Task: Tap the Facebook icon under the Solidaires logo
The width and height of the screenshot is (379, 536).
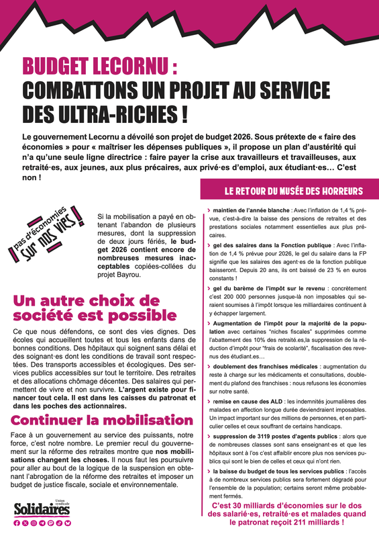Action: click(x=17, y=522)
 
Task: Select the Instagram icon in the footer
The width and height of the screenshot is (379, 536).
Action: click(x=34, y=522)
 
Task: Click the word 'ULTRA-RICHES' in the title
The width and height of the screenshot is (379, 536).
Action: click(x=113, y=111)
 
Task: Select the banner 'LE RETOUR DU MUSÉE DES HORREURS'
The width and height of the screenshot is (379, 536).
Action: click(x=284, y=191)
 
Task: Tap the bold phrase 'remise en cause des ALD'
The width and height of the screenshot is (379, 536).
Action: click(x=244, y=383)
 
